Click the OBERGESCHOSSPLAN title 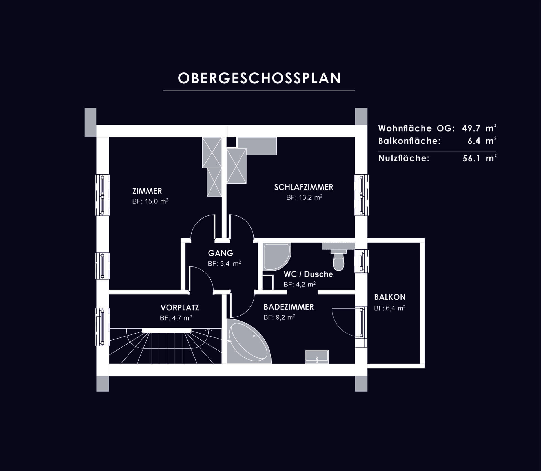pos(259,78)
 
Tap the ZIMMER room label pos(147,191)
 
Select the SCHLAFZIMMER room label pos(304,187)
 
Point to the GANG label pos(221,253)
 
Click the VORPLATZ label pos(179,307)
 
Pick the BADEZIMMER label pos(289,307)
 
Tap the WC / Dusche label pos(308,274)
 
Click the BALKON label pos(390,297)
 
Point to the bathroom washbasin pos(317,356)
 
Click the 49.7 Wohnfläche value pos(471,128)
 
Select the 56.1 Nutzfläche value pos(471,158)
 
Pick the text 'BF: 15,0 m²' pos(150,201)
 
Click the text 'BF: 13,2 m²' pos(304,197)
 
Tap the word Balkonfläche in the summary pos(409,141)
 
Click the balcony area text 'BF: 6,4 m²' pos(390,308)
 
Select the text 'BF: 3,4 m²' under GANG pos(224,264)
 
